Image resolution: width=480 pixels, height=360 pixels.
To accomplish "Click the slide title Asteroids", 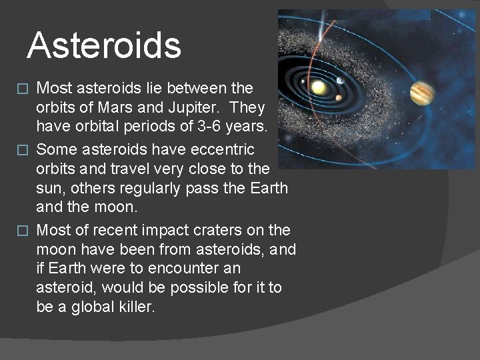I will pyautogui.click(x=104, y=45).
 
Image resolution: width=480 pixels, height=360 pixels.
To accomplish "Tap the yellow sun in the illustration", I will pyautogui.click(x=319, y=87).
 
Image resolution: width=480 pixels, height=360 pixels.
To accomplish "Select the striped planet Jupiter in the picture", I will pyautogui.click(x=422, y=93).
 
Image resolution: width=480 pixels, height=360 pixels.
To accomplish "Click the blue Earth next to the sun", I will pyautogui.click(x=339, y=81).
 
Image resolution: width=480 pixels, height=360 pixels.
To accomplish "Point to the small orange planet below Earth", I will pyautogui.click(x=339, y=98).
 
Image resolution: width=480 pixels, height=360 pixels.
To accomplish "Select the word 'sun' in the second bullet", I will pyautogui.click(x=49, y=189).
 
